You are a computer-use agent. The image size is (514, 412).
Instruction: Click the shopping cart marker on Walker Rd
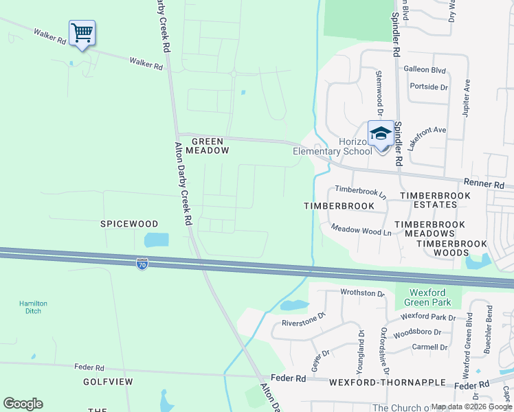(x=82, y=33)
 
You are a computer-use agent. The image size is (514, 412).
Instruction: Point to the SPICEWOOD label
(x=129, y=224)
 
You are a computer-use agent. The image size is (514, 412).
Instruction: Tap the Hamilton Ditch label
(x=30, y=307)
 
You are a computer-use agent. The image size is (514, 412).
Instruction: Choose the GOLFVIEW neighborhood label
(x=108, y=381)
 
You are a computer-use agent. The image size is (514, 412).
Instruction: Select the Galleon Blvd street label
(x=425, y=70)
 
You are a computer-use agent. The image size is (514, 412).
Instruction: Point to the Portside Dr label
(x=428, y=87)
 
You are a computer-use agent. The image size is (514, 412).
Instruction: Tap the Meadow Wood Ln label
(x=361, y=231)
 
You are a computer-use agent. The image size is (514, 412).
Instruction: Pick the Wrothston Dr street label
(x=363, y=293)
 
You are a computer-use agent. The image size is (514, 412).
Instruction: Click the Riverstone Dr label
(x=303, y=320)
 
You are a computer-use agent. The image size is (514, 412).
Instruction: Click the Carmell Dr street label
(x=429, y=347)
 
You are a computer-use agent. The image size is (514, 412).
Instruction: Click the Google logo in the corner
(x=23, y=404)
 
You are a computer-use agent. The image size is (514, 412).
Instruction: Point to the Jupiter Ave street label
(x=467, y=97)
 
